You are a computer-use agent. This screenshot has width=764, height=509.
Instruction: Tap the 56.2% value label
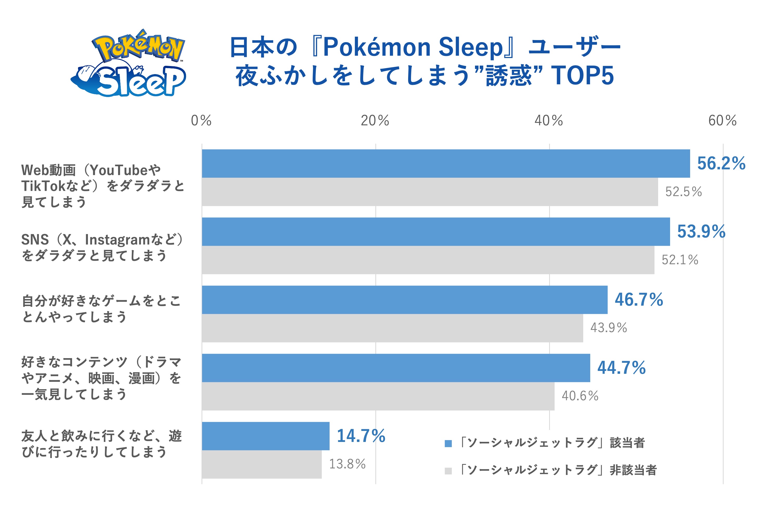point(721,163)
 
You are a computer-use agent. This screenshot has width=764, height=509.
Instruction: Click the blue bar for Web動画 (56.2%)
point(446,164)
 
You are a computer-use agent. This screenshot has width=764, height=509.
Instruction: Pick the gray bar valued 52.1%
point(428,260)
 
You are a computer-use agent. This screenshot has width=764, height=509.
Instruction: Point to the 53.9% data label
point(701,231)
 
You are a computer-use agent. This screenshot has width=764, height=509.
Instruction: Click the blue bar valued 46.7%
point(404,300)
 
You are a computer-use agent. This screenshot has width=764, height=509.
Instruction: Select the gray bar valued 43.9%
point(392,328)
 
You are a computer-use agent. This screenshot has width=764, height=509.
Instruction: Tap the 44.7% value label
point(621,368)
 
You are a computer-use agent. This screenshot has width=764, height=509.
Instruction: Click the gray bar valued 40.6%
point(378,396)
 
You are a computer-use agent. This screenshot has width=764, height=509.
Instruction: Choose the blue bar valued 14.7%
point(265,436)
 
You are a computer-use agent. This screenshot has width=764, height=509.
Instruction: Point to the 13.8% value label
point(347,464)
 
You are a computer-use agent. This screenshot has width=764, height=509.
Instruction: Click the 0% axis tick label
point(201,121)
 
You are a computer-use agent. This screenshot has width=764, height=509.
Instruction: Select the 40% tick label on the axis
point(548,121)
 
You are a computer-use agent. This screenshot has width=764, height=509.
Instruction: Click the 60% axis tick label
point(722,121)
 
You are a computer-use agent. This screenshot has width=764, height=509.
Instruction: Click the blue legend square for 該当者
point(448,443)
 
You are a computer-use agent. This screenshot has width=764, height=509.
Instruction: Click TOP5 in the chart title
point(582,76)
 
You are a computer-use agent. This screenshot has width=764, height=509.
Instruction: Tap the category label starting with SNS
point(102,247)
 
